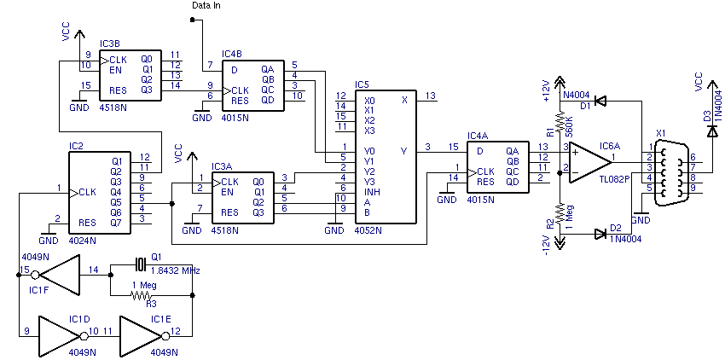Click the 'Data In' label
click(206, 6)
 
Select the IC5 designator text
click(362, 84)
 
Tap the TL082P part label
click(613, 180)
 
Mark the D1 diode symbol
click(600, 102)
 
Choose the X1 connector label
click(660, 134)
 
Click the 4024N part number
click(82, 241)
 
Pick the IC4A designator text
click(478, 136)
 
